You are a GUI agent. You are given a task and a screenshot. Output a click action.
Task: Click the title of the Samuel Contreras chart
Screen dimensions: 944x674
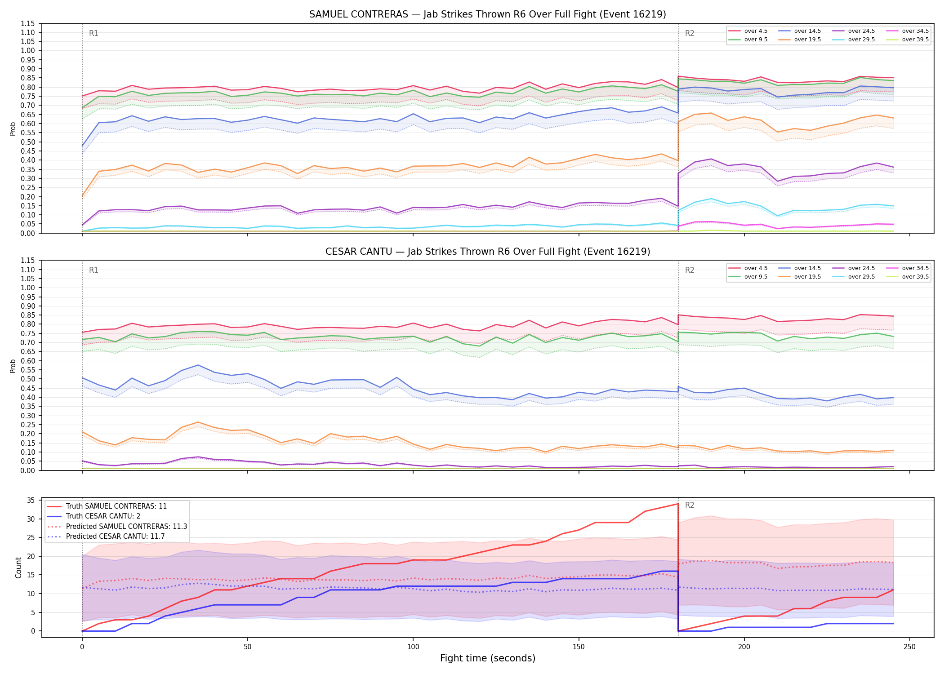pyautogui.click(x=488, y=14)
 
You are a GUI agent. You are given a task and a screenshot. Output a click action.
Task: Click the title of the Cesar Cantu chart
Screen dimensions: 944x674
pyautogui.click(x=488, y=252)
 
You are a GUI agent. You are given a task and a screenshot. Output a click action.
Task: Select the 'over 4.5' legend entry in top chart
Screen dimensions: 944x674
pyautogui.click(x=748, y=31)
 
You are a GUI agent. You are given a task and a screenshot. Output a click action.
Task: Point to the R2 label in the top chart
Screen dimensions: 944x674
pyautogui.click(x=690, y=33)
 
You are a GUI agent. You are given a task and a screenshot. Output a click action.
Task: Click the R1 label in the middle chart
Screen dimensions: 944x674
pyautogui.click(x=94, y=270)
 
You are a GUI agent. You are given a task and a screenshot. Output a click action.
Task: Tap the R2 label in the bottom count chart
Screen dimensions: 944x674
pyautogui.click(x=690, y=505)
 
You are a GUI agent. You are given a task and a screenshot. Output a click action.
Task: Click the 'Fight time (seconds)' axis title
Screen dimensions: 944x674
pyautogui.click(x=488, y=658)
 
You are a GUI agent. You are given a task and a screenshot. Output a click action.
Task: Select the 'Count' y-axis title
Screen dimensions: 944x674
pyautogui.click(x=18, y=568)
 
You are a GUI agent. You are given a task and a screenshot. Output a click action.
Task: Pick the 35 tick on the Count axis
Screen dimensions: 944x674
pyautogui.click(x=31, y=500)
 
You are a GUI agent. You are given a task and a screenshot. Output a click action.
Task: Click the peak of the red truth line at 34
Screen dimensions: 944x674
pyautogui.click(x=678, y=504)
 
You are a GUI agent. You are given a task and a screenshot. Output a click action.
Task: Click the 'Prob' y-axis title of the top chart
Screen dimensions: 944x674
pyautogui.click(x=13, y=129)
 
